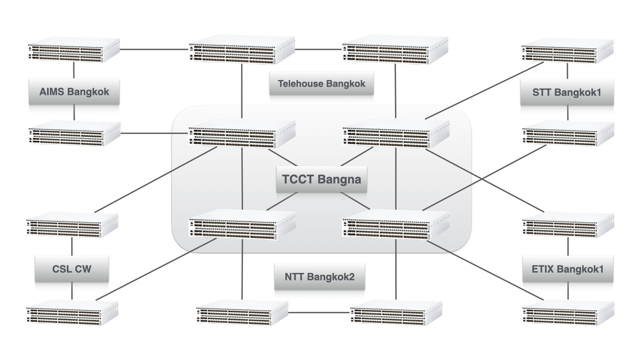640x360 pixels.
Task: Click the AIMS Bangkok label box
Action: pyautogui.click(x=74, y=92)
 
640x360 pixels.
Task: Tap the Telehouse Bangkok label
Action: pyautogui.click(x=321, y=84)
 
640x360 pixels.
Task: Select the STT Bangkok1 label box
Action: pyautogui.click(x=567, y=92)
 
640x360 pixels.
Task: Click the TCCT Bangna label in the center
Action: pyautogui.click(x=321, y=179)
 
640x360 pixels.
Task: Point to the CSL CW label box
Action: pyautogui.click(x=72, y=269)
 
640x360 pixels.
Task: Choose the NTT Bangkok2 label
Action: pyautogui.click(x=319, y=277)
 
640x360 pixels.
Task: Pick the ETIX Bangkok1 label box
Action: pyautogui.click(x=567, y=269)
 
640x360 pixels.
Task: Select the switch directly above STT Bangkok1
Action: pyautogui.click(x=567, y=51)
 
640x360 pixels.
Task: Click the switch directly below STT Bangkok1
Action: pyautogui.click(x=568, y=133)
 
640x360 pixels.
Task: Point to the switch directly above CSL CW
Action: pyautogui.click(x=72, y=225)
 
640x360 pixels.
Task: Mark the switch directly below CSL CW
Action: pyautogui.click(x=72, y=313)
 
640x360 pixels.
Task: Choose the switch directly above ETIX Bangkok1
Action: pyautogui.click(x=568, y=225)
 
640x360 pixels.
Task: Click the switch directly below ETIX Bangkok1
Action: pyautogui.click(x=568, y=313)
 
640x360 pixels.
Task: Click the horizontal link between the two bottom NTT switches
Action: pyautogui.click(x=319, y=312)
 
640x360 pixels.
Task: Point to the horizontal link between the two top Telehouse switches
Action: pyautogui.click(x=318, y=50)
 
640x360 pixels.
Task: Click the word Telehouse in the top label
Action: pyautogui.click(x=299, y=84)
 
